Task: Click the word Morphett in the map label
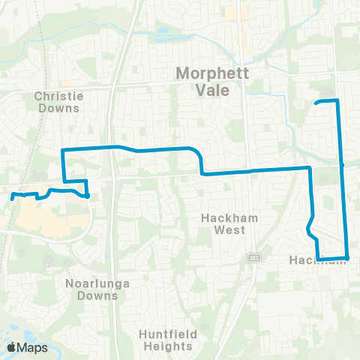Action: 205,73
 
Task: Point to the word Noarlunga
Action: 91,283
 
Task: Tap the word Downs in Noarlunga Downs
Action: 97,295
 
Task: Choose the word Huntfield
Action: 165,334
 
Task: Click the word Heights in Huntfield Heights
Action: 165,346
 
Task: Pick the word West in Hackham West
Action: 223,230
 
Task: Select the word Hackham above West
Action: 223,218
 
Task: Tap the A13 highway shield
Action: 255,257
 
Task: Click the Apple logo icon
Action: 13,347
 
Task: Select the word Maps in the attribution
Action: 33,347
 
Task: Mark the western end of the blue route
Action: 13,197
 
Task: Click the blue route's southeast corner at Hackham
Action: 347,258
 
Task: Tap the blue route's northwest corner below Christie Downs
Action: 63,151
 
